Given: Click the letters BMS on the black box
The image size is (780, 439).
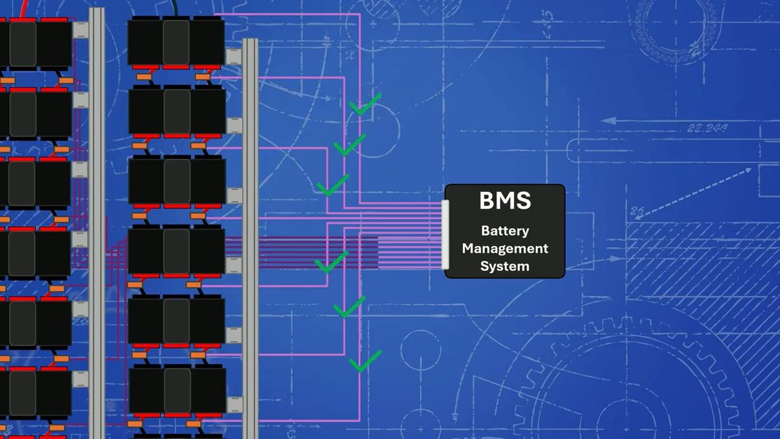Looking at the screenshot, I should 505,201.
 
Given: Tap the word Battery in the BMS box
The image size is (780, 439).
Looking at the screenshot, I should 505,231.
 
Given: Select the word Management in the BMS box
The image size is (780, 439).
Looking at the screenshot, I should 505,248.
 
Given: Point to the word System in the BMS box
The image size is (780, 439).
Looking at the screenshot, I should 505,266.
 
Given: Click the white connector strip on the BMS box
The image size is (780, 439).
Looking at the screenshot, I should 445,235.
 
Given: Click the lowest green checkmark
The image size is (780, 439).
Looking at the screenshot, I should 365,361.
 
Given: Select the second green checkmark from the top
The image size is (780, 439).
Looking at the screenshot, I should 350,144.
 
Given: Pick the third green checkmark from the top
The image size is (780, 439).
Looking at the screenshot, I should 333,185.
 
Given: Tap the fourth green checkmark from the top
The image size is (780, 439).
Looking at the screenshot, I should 331,262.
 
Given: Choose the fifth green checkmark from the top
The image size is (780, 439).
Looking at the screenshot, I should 349,307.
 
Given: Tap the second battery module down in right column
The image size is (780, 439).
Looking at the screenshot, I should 177,111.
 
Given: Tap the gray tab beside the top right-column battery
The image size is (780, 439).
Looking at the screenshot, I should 233,57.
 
